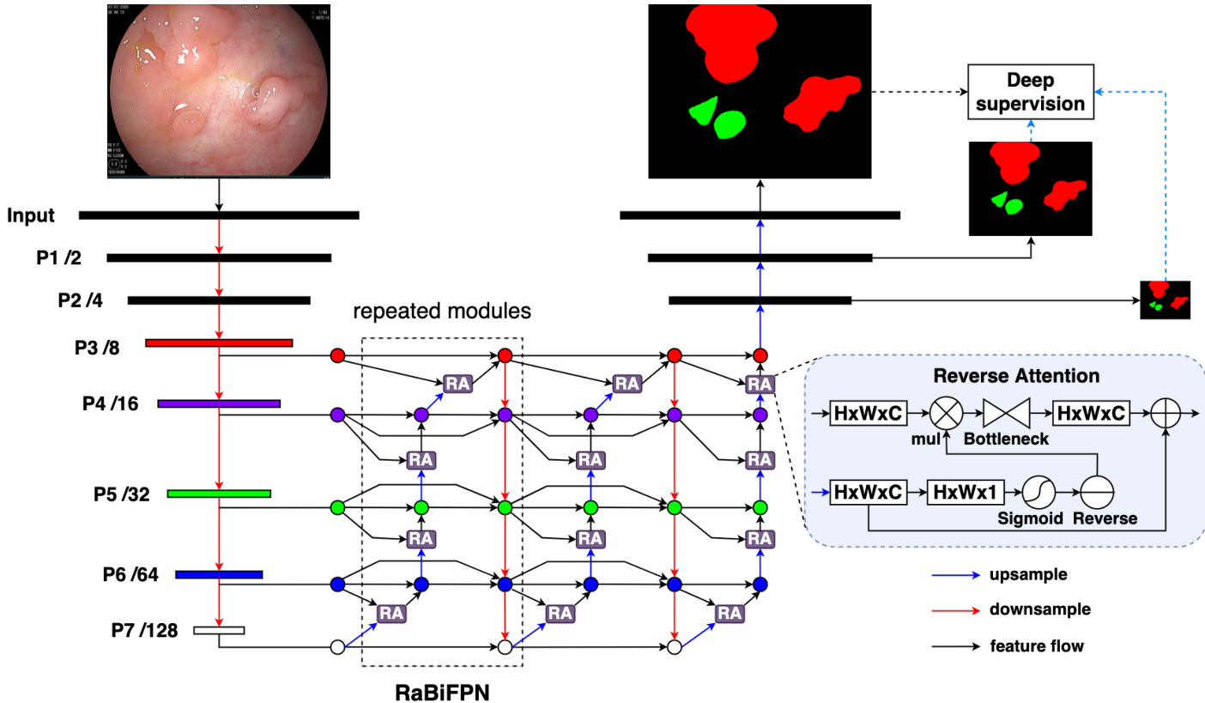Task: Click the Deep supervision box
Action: (1031, 92)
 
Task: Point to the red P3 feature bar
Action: (219, 343)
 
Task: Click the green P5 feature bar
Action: (219, 494)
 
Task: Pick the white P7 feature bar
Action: (219, 631)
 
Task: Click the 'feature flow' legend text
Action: (1036, 646)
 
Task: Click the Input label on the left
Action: (31, 215)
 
